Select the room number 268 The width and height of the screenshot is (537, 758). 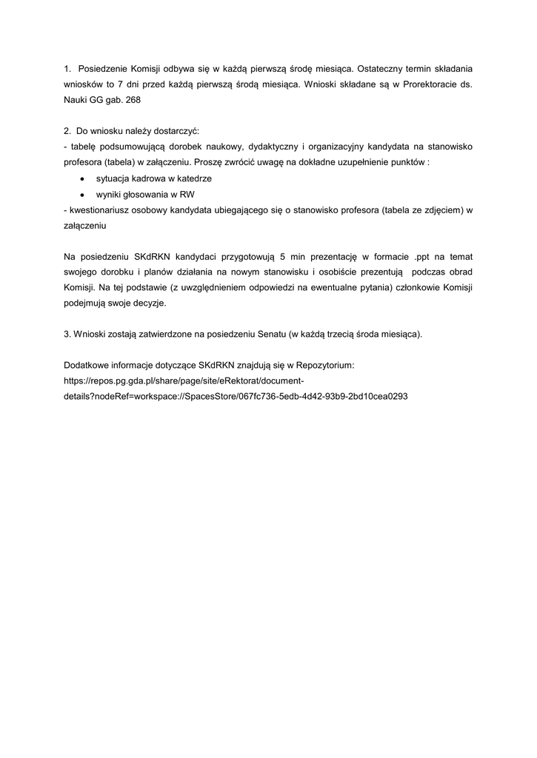[133, 99]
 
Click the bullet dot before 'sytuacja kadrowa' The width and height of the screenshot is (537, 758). [81, 180]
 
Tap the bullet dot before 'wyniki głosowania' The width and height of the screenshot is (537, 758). [81, 195]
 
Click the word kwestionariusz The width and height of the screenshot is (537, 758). [101, 210]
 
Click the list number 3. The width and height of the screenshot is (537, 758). [67, 334]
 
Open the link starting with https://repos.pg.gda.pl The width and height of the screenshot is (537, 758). [185, 380]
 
